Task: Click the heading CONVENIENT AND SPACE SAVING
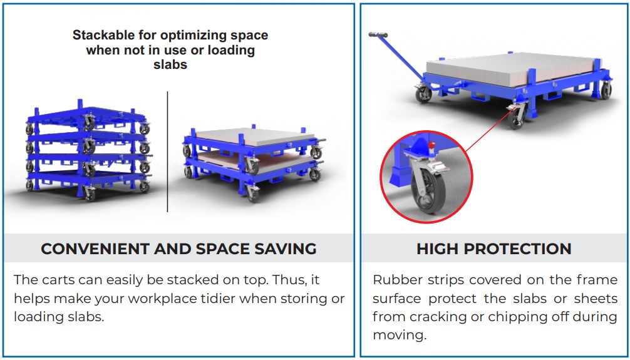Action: pyautogui.click(x=178, y=249)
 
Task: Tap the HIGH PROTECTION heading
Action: pyautogui.click(x=493, y=249)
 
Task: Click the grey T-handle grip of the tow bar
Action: pyautogui.click(x=378, y=34)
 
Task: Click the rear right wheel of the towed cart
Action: pyautogui.click(x=605, y=91)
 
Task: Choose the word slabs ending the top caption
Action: pyautogui.click(x=170, y=64)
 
